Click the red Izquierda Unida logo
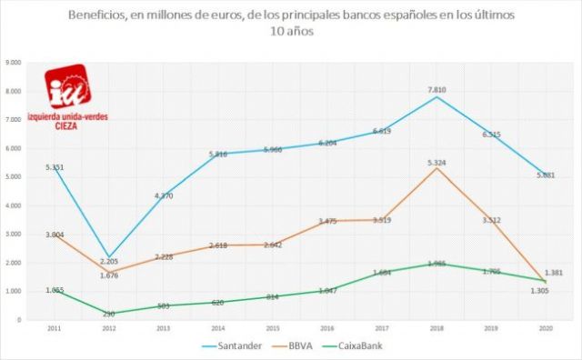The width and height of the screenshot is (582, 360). pos(69,87)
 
